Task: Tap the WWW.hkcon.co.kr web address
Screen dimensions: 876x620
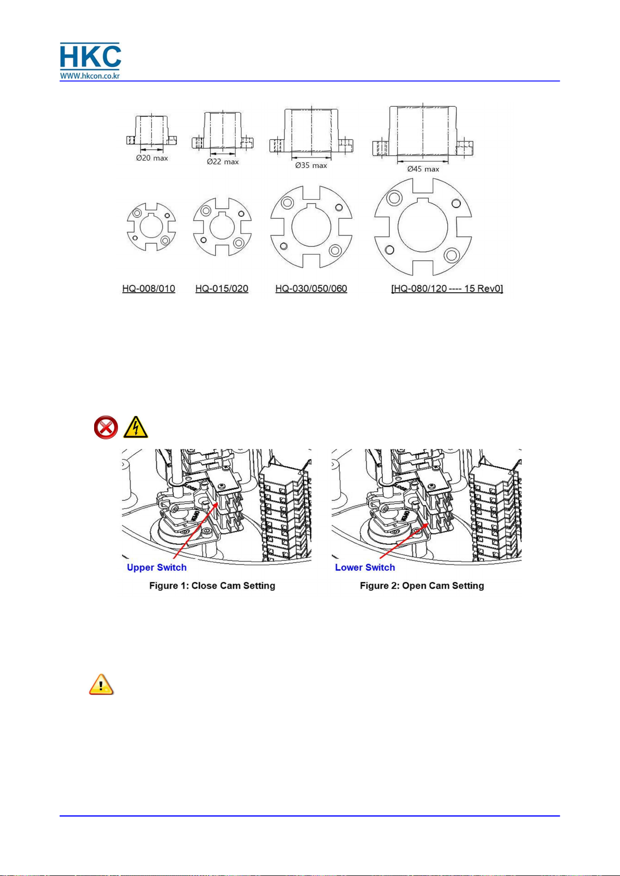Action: tap(90, 75)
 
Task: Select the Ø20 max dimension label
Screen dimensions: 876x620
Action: tap(152, 158)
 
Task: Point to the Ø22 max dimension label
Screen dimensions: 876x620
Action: tap(223, 162)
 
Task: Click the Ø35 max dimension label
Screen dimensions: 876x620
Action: tap(311, 165)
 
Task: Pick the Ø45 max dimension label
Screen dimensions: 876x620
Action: tap(423, 169)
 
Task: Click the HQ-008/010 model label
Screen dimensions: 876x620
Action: tap(149, 289)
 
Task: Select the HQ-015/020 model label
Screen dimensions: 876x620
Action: tap(222, 289)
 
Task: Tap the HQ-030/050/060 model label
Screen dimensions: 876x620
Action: tap(311, 289)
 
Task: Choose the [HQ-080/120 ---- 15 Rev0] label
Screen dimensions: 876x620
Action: tap(447, 289)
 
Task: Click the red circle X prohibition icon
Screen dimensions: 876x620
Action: tap(106, 428)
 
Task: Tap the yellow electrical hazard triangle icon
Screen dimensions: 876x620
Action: tap(136, 428)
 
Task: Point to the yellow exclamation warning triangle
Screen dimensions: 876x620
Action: tap(101, 685)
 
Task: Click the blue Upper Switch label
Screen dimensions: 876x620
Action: tap(157, 567)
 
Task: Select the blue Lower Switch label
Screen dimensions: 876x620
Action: tap(365, 567)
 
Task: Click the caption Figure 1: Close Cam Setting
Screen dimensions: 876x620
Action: tap(212, 585)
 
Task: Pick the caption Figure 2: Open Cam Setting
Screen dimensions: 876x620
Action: tap(422, 585)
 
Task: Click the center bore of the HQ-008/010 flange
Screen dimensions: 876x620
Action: tap(151, 227)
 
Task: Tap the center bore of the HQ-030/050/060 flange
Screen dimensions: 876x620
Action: tap(311, 227)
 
